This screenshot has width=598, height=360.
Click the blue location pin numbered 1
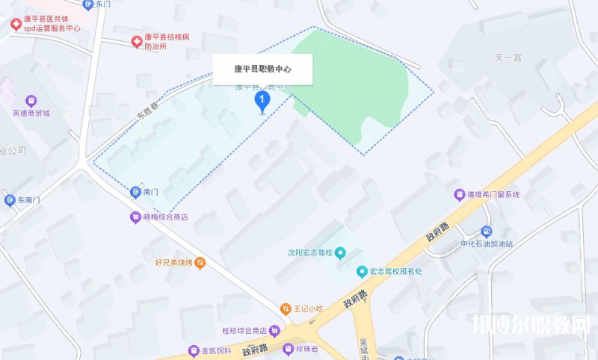pyautogui.click(x=262, y=101)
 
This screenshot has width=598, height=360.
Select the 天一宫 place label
pyautogui.click(x=508, y=57)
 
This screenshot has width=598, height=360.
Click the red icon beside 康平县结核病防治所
pyautogui.click(x=136, y=40)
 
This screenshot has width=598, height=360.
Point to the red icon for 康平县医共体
pyautogui.click(x=15, y=23)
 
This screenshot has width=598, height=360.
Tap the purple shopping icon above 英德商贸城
pyautogui.click(x=31, y=100)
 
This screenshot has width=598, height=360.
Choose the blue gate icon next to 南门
pyautogui.click(x=135, y=192)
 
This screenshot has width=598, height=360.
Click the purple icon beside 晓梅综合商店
pyautogui.click(x=135, y=217)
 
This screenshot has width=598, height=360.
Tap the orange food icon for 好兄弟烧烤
pyautogui.click(x=200, y=263)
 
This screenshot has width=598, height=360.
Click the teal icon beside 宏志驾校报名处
pyautogui.click(x=362, y=271)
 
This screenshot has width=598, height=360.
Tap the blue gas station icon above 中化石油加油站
pyautogui.click(x=487, y=232)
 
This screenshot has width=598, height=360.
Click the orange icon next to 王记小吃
pyautogui.click(x=285, y=308)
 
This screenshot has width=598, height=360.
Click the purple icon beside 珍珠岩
pyautogui.click(x=289, y=349)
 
